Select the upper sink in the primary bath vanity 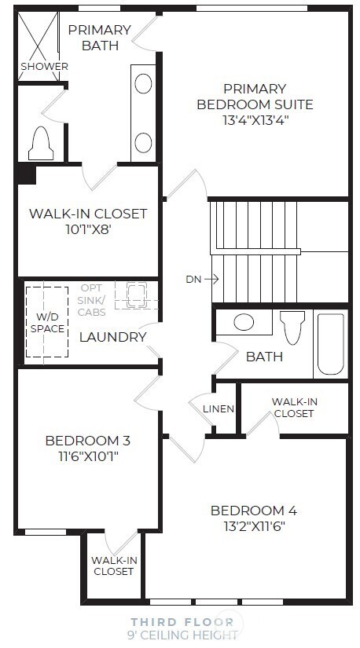[x=143, y=83]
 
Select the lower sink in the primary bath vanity [x=143, y=142]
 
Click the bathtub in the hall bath [x=330, y=344]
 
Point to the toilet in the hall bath [x=292, y=328]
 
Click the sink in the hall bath [x=244, y=322]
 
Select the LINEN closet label [x=218, y=408]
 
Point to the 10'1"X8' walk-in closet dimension [x=88, y=231]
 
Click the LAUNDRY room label [x=112, y=337]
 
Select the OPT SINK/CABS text [x=96, y=300]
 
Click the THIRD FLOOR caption [x=182, y=621]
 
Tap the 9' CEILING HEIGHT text [x=182, y=634]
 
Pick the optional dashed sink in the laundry [x=136, y=295]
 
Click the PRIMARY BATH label [x=99, y=37]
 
